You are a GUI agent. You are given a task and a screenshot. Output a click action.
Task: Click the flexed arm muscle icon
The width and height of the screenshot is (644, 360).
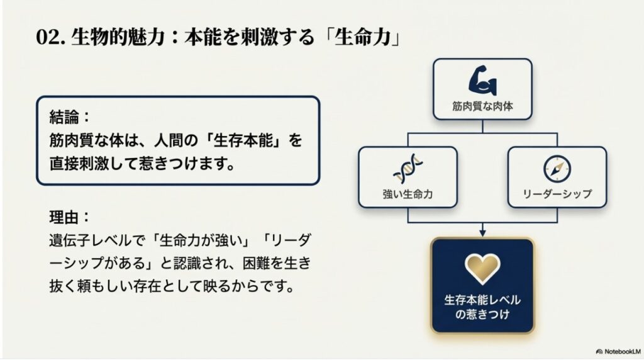click(482, 79)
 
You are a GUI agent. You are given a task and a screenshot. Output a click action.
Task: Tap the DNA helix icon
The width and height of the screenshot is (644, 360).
click(408, 168)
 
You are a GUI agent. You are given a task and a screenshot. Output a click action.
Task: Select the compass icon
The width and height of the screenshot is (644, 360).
click(557, 167)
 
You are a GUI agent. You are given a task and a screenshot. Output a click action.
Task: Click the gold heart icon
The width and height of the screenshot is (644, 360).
click(482, 266)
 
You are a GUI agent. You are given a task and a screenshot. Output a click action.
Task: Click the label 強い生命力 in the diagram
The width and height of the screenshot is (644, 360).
click(408, 194)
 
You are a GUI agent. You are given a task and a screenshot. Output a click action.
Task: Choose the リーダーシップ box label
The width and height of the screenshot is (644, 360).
click(557, 194)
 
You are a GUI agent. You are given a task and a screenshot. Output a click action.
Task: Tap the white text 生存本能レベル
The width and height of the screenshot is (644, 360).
click(482, 299)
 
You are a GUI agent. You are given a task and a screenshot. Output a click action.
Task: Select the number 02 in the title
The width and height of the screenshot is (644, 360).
click(47, 37)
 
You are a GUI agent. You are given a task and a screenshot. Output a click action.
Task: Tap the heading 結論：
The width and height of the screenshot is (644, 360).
click(70, 116)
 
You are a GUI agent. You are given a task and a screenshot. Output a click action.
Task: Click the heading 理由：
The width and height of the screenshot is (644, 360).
click(70, 217)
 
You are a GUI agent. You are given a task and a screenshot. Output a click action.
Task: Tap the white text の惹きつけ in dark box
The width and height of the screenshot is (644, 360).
click(482, 313)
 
